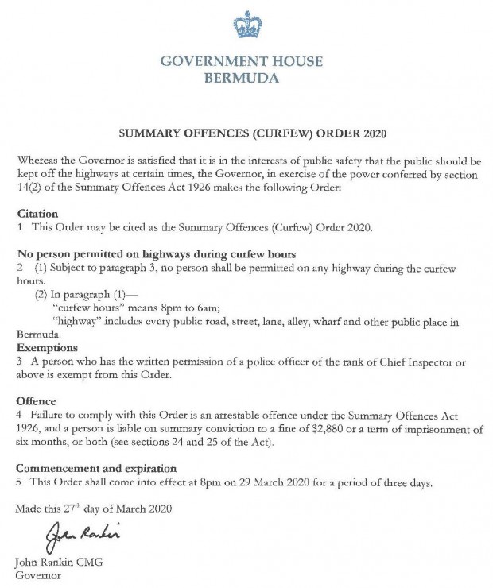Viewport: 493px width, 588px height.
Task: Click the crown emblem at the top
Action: [x=247, y=25]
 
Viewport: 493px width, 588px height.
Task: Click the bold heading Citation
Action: [x=38, y=214]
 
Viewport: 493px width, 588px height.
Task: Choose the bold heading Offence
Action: [x=37, y=401]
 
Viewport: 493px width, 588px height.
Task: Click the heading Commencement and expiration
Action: [x=96, y=469]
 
